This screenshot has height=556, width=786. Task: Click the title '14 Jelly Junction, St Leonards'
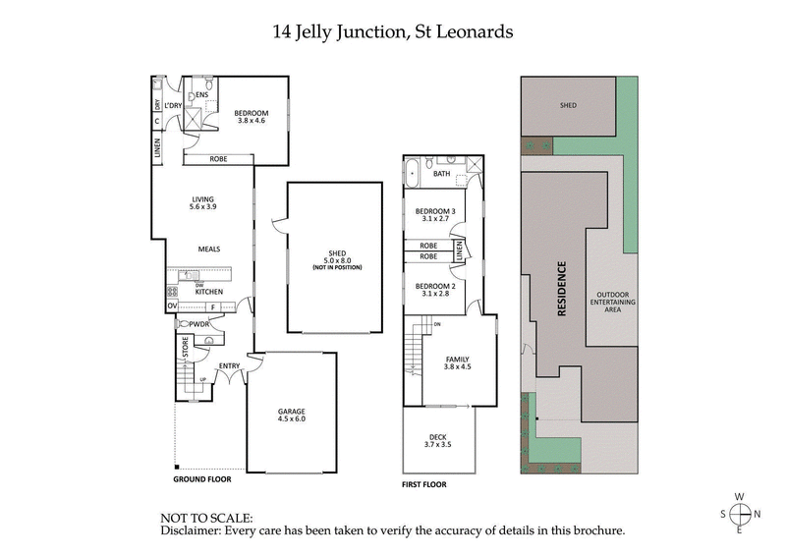pyautogui.click(x=392, y=31)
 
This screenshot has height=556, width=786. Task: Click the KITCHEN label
pyautogui.click(x=210, y=292)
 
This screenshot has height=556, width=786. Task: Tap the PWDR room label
pyautogui.click(x=200, y=323)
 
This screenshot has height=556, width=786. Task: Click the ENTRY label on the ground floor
pyautogui.click(x=230, y=366)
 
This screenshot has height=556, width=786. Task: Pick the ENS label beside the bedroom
pyautogui.click(x=202, y=94)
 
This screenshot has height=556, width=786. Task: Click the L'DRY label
pyautogui.click(x=174, y=105)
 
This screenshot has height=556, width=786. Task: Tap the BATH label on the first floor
pyautogui.click(x=442, y=174)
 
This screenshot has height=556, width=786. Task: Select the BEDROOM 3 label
pyautogui.click(x=434, y=216)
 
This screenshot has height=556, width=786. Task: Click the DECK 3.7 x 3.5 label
pyautogui.click(x=438, y=442)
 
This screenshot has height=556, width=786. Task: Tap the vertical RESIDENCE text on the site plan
pyautogui.click(x=563, y=290)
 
